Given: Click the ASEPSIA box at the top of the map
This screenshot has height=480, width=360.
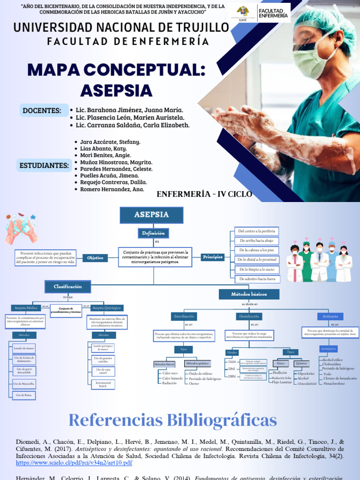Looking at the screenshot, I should (x=151, y=215).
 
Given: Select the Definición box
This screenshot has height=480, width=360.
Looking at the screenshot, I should (x=153, y=233).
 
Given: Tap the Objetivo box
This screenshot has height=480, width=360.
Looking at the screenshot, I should (x=95, y=258).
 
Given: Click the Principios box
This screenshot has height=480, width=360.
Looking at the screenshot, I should (x=213, y=257).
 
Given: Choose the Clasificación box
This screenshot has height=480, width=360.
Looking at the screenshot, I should (x=67, y=286).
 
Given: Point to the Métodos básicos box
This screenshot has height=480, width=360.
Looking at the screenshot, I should (x=249, y=294).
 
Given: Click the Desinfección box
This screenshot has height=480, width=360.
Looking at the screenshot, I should (x=248, y=316).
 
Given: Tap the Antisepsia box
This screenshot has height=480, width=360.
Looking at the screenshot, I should (x=330, y=316).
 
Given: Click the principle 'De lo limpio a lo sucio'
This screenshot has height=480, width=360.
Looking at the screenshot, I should (x=257, y=270).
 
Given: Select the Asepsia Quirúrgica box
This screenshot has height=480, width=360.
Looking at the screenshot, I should (x=106, y=307).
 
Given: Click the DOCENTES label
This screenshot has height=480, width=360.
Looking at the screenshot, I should (x=42, y=111).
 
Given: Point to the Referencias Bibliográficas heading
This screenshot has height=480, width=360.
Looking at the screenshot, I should (x=173, y=420).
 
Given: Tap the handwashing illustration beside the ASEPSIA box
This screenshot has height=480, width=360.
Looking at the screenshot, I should (x=21, y=228).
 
